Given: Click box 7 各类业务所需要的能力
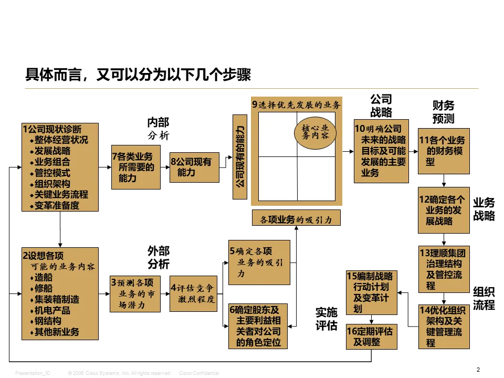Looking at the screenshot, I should click(136, 167).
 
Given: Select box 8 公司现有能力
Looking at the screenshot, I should click(194, 167).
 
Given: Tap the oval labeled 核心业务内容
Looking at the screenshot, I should click(315, 132).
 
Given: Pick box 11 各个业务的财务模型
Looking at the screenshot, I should click(444, 151).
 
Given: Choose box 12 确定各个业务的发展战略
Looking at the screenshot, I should click(444, 210).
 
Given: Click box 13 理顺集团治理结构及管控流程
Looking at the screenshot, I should click(444, 269).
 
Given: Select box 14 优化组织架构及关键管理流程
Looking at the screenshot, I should click(444, 327).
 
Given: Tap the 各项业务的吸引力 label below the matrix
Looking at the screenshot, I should click(296, 218).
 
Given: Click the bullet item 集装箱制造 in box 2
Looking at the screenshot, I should click(57, 299).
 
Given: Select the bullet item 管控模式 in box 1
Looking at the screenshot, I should click(52, 173).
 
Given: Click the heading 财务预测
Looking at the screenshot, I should click(443, 112).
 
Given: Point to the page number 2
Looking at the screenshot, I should click(478, 370).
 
